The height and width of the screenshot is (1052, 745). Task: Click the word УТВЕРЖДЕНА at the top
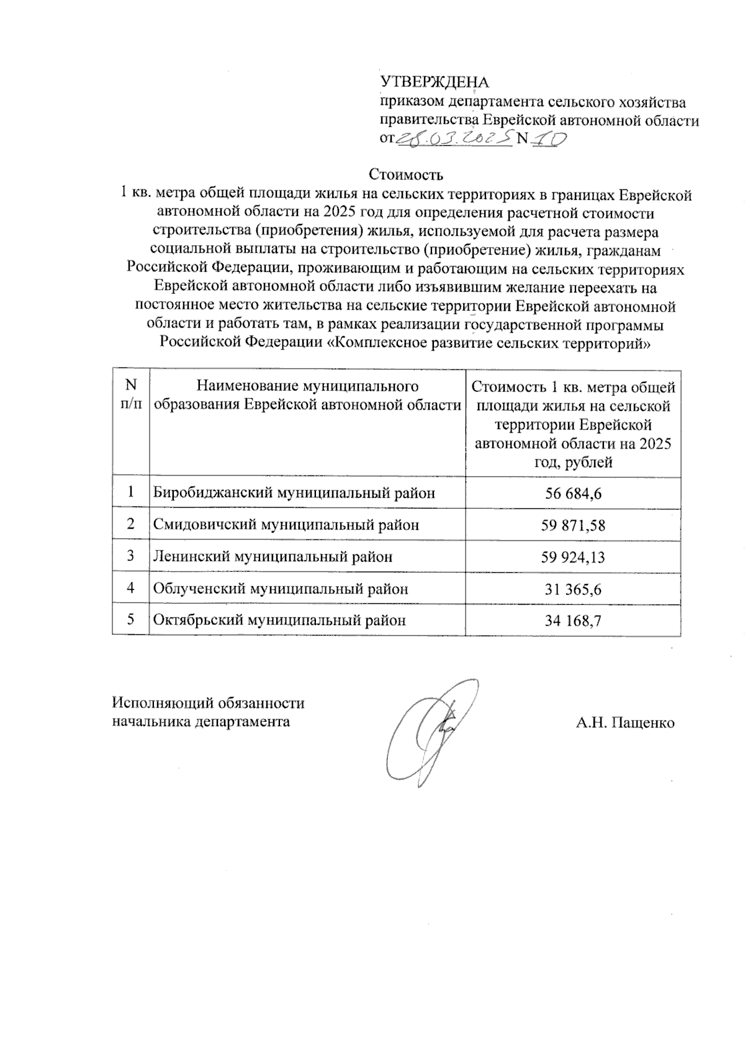coord(434,82)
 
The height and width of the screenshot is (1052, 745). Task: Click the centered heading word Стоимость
coord(406,173)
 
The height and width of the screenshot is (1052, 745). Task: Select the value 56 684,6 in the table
coord(573,493)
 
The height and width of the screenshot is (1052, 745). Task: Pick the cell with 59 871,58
coord(573,526)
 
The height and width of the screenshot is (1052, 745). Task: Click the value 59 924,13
coord(573,557)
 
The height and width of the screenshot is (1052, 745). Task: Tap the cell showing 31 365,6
coord(573,589)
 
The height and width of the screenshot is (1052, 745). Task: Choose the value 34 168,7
coord(573,620)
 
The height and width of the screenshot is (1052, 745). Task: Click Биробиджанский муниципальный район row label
coord(294,493)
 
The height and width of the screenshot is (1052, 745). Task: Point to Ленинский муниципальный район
coord(273,557)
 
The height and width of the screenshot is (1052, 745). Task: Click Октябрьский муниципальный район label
coord(279,620)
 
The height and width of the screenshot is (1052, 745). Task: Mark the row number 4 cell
coord(131,588)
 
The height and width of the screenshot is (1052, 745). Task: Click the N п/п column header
coord(131,395)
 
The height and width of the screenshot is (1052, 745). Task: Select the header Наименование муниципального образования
coord(307,395)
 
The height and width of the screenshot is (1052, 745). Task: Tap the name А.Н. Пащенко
coord(625,723)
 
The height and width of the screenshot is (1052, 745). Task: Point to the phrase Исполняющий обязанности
coord(208,703)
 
